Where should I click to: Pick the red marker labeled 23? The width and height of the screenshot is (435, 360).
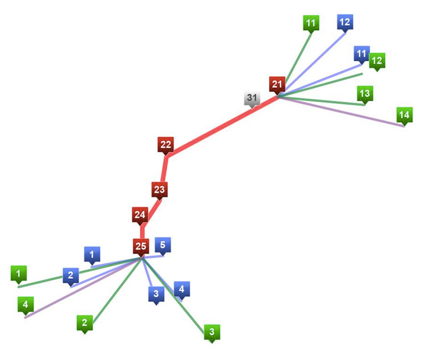(x=159, y=191)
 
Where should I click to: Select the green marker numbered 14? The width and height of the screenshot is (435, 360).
(x=404, y=117)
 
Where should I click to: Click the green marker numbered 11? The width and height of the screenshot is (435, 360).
(x=311, y=24)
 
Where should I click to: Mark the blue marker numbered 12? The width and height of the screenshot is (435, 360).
(x=345, y=23)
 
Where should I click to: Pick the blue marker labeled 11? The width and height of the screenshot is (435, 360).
(x=362, y=55)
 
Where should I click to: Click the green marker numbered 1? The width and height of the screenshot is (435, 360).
(x=19, y=275)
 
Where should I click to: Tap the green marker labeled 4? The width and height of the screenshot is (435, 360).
(x=26, y=306)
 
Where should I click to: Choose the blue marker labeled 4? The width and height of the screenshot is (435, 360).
(x=182, y=291)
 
